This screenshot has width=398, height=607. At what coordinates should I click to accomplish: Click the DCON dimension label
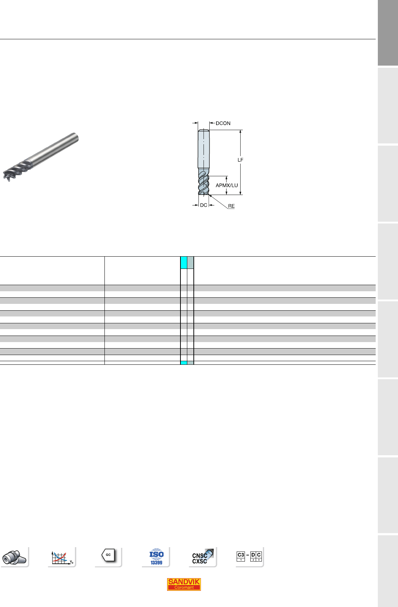point(223,123)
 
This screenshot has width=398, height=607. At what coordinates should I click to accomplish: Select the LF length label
point(241,160)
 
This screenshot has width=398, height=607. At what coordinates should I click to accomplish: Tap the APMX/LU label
point(227,185)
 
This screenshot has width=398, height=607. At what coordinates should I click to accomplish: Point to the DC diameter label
point(204,205)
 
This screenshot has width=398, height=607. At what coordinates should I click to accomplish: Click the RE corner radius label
point(231,206)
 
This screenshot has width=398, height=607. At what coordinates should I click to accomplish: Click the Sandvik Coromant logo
point(184,584)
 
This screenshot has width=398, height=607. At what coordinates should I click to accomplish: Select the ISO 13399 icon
point(156,557)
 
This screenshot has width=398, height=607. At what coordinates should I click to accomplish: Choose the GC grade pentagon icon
point(108,555)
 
